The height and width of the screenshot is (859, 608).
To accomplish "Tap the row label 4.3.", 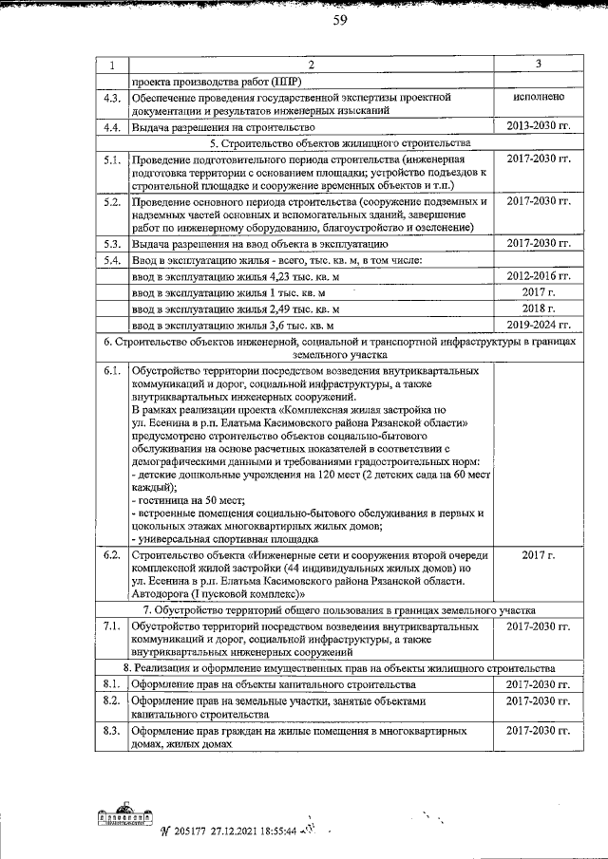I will [x=111, y=97].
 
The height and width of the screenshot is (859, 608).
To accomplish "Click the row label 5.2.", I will [x=111, y=201].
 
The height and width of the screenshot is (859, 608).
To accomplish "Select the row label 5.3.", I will [x=111, y=244].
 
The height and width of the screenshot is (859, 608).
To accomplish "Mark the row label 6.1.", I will [x=111, y=370].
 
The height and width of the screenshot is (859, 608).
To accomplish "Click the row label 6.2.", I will [x=111, y=554].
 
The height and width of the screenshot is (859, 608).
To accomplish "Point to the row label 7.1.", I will [x=111, y=626].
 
